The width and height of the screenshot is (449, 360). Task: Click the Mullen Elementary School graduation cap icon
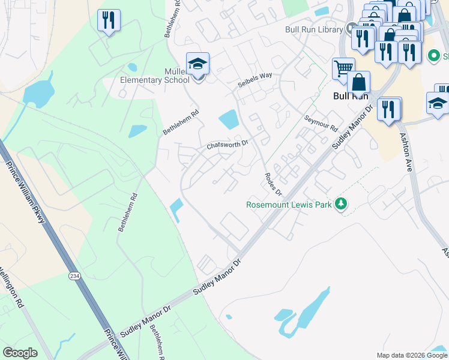[x=197, y=64]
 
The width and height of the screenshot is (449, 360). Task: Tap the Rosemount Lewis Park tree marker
[x=341, y=204]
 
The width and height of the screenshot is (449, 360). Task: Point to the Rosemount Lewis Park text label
[x=289, y=205]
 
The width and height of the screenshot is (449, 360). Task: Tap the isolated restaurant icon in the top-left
[x=109, y=20]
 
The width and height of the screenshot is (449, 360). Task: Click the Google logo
[x=20, y=353]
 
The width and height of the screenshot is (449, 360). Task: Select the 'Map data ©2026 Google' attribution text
[x=411, y=355]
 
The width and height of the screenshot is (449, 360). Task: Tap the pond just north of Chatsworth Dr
[x=229, y=119]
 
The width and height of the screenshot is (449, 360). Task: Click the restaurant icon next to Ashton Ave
[x=389, y=109]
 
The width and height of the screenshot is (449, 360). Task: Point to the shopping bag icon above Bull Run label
[x=358, y=82]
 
